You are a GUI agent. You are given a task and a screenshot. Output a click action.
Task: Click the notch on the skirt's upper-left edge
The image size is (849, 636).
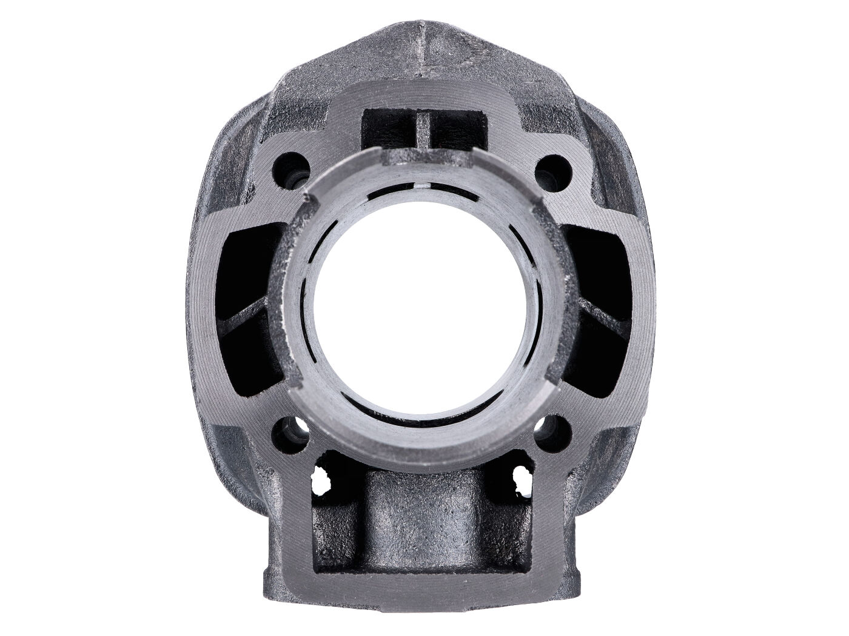click(311, 197)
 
